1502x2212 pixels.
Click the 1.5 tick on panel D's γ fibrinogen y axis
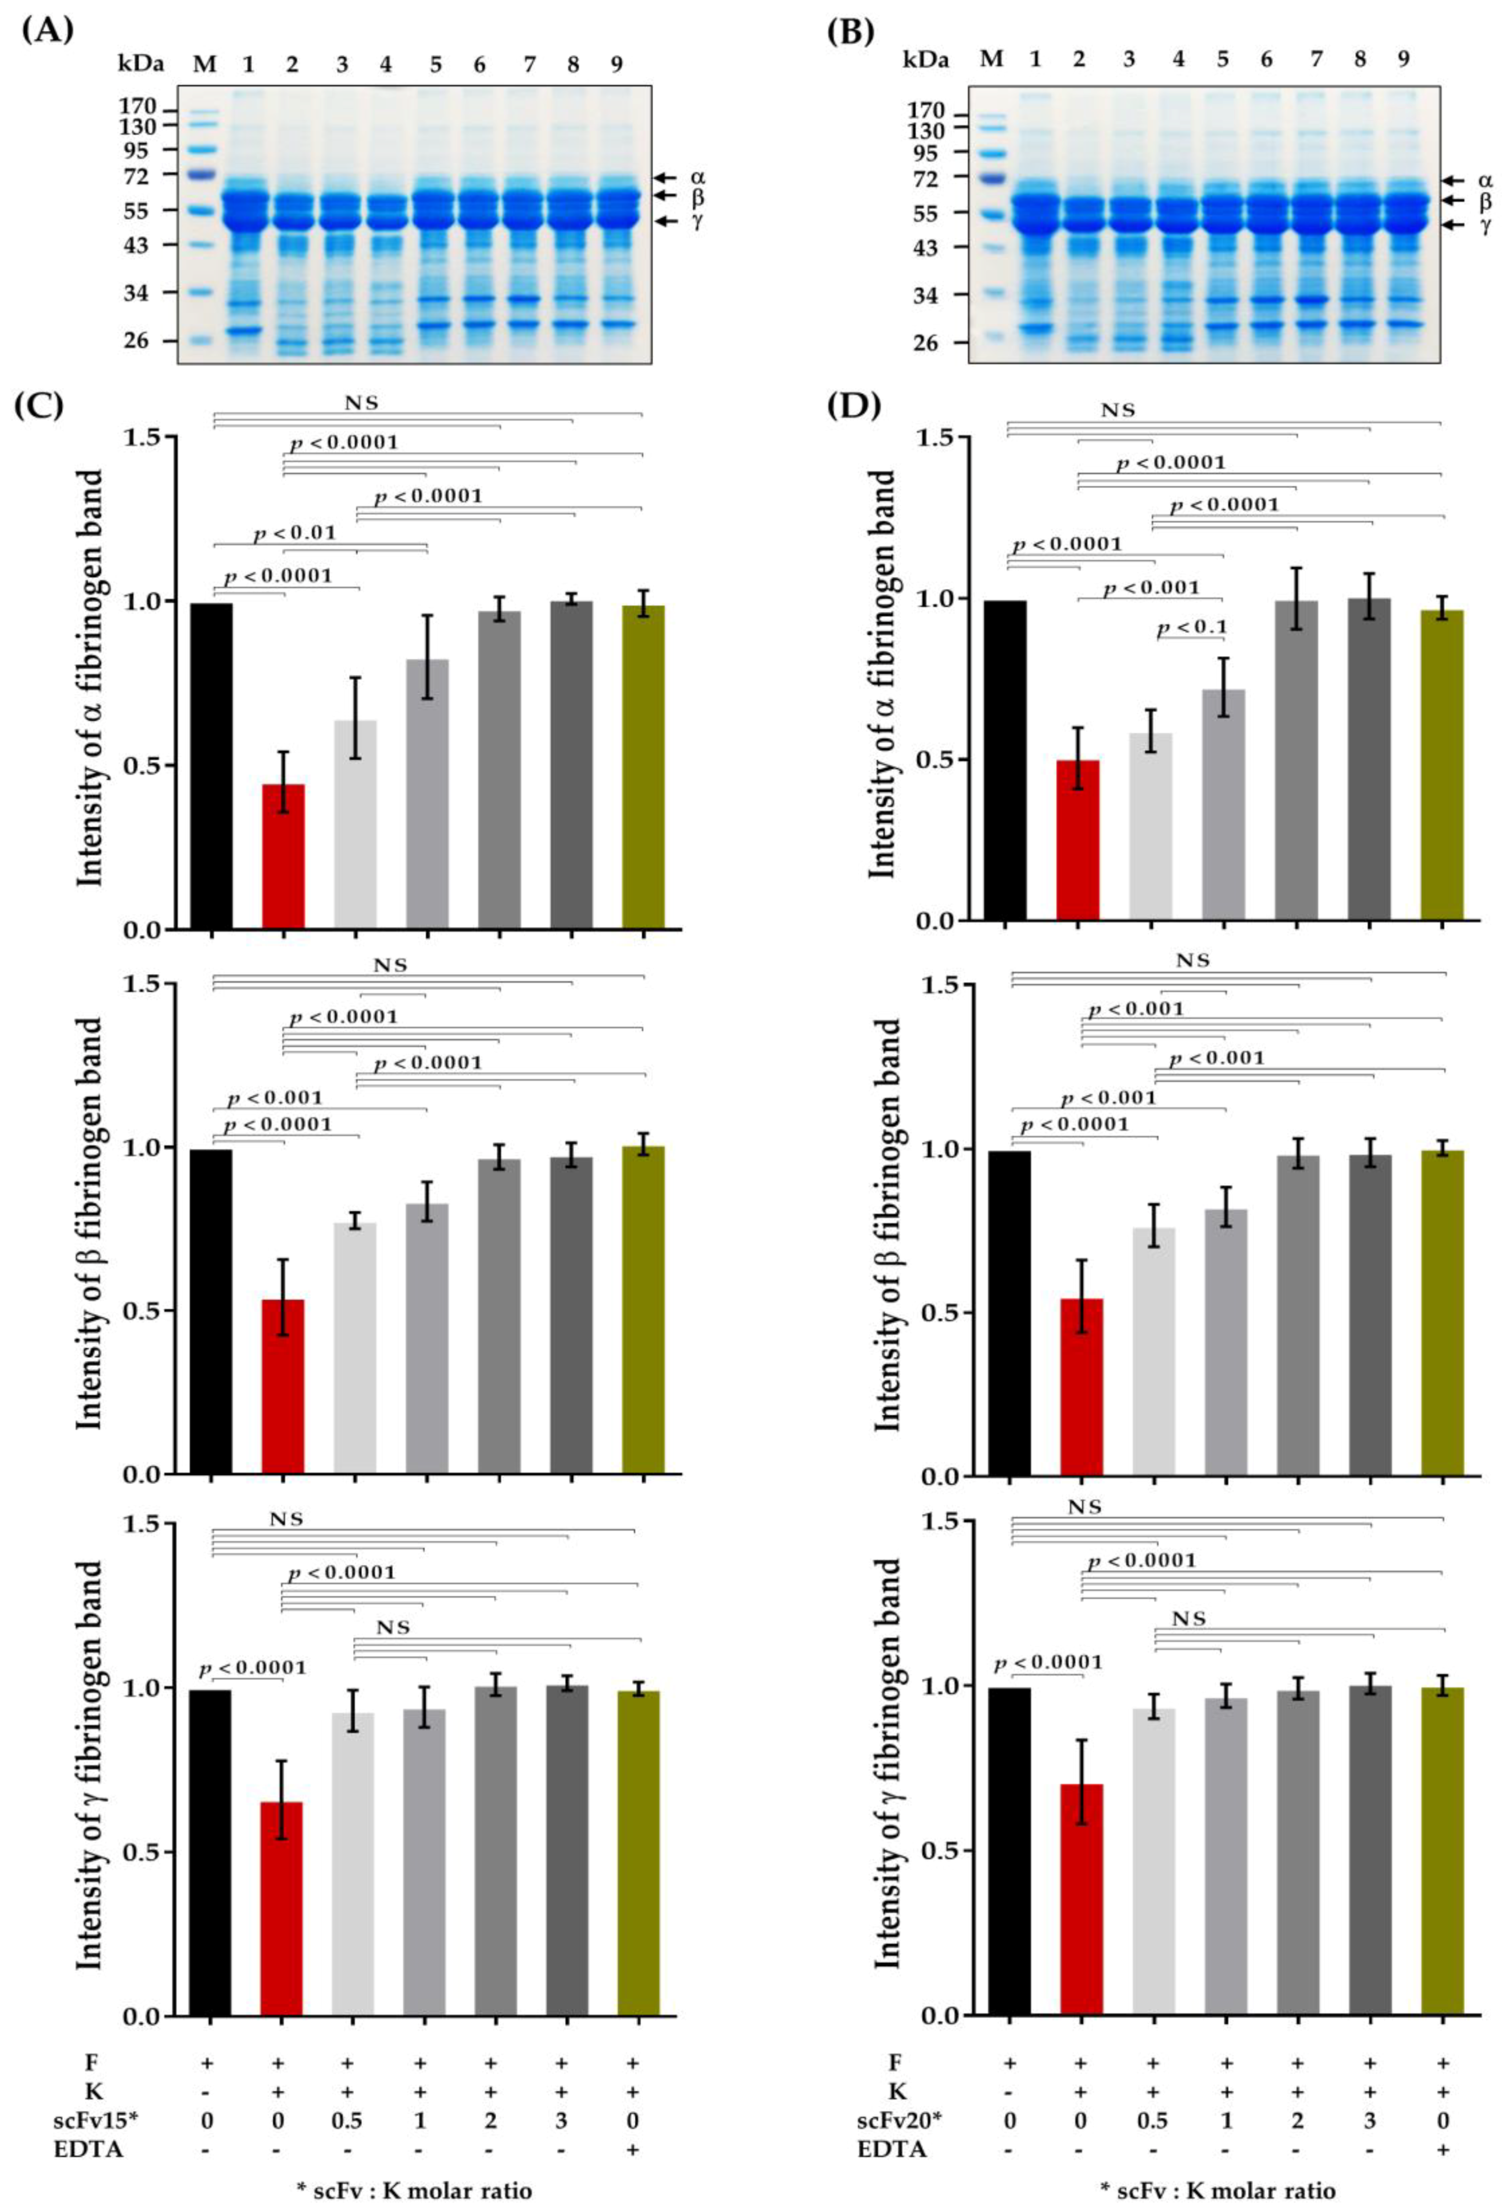[942, 1522]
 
